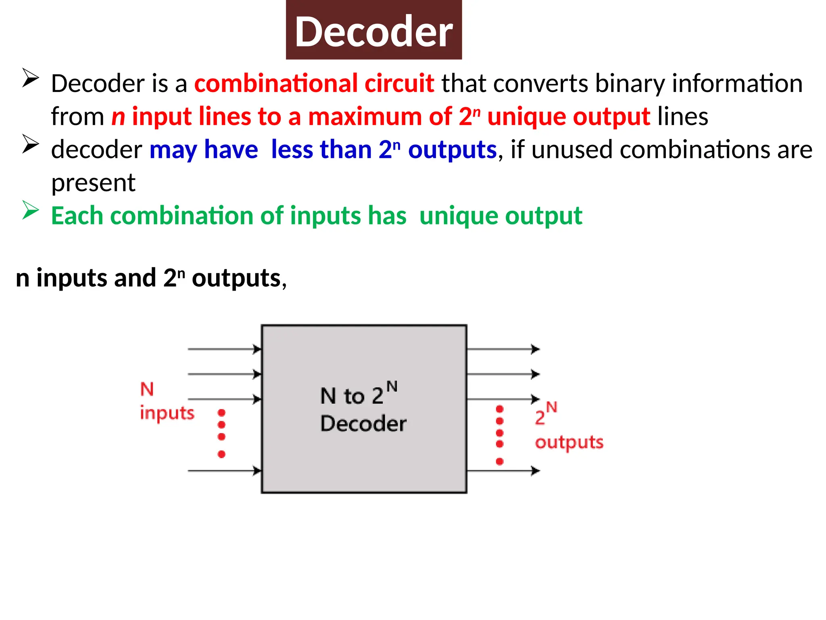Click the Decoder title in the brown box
373,31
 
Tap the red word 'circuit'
399,84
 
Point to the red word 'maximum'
365,117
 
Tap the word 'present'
93,183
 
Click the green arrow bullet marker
31,210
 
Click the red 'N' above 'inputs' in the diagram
147,389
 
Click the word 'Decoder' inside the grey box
363,424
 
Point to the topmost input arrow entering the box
224,349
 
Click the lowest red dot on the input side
221,455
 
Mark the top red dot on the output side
500,409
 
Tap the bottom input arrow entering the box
224,471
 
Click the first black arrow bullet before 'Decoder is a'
31,77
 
